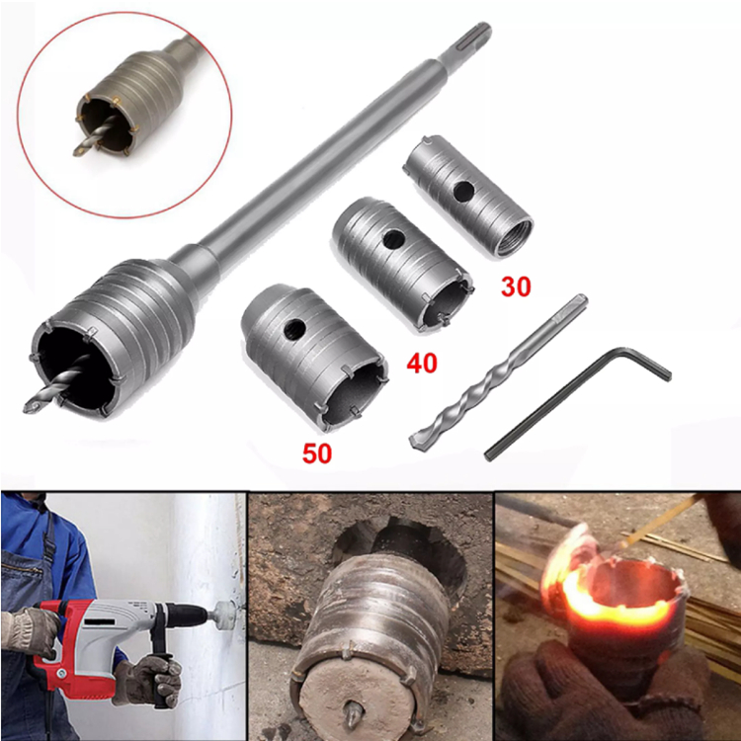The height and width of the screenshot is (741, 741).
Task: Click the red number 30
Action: point(516,287)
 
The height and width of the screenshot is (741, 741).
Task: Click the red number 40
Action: point(422,363)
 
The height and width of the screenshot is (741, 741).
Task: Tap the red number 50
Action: point(316,453)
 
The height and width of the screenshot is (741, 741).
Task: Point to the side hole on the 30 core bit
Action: point(463,191)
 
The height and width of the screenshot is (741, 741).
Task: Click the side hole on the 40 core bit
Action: point(393,239)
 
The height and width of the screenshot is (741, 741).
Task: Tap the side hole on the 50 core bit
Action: point(294,328)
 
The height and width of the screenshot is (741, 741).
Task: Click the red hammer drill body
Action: point(80,643)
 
